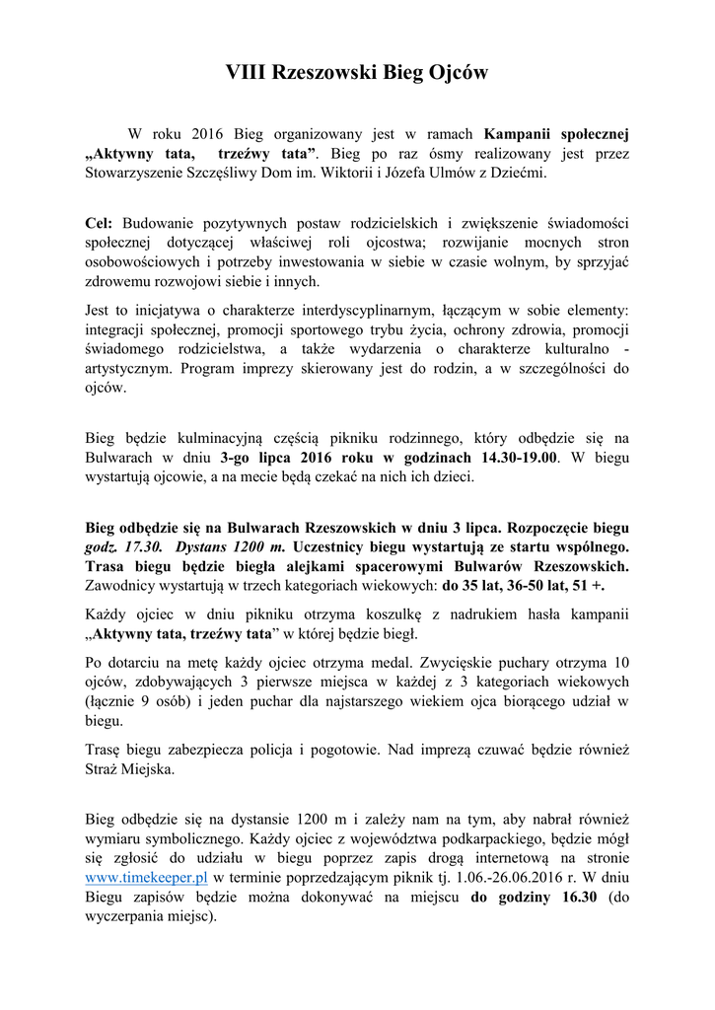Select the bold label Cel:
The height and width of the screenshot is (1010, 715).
pos(100,223)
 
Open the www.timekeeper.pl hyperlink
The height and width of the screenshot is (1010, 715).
pos(146,877)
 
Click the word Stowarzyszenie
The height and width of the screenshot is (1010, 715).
pos(142,173)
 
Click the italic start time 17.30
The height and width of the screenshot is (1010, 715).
pos(144,545)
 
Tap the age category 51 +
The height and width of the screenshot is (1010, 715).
pos(587,585)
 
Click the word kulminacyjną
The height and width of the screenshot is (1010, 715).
pos(201,438)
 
